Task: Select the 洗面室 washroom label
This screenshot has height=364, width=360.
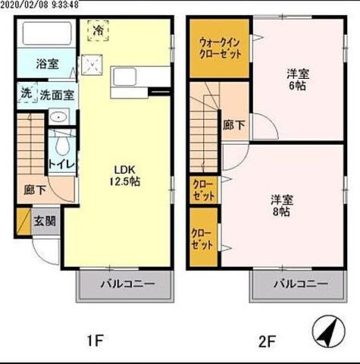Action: [56, 95]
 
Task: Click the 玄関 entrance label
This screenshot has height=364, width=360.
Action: [45, 221]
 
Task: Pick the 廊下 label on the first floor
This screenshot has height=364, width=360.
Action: [33, 190]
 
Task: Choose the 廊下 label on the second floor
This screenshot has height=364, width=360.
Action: [233, 125]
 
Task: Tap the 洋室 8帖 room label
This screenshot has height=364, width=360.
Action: [283, 206]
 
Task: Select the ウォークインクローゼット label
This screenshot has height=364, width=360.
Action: [221, 49]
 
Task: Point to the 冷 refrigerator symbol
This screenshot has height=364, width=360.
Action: [99, 30]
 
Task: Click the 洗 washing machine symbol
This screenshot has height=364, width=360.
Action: [26, 94]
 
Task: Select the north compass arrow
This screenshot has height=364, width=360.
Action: [327, 331]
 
